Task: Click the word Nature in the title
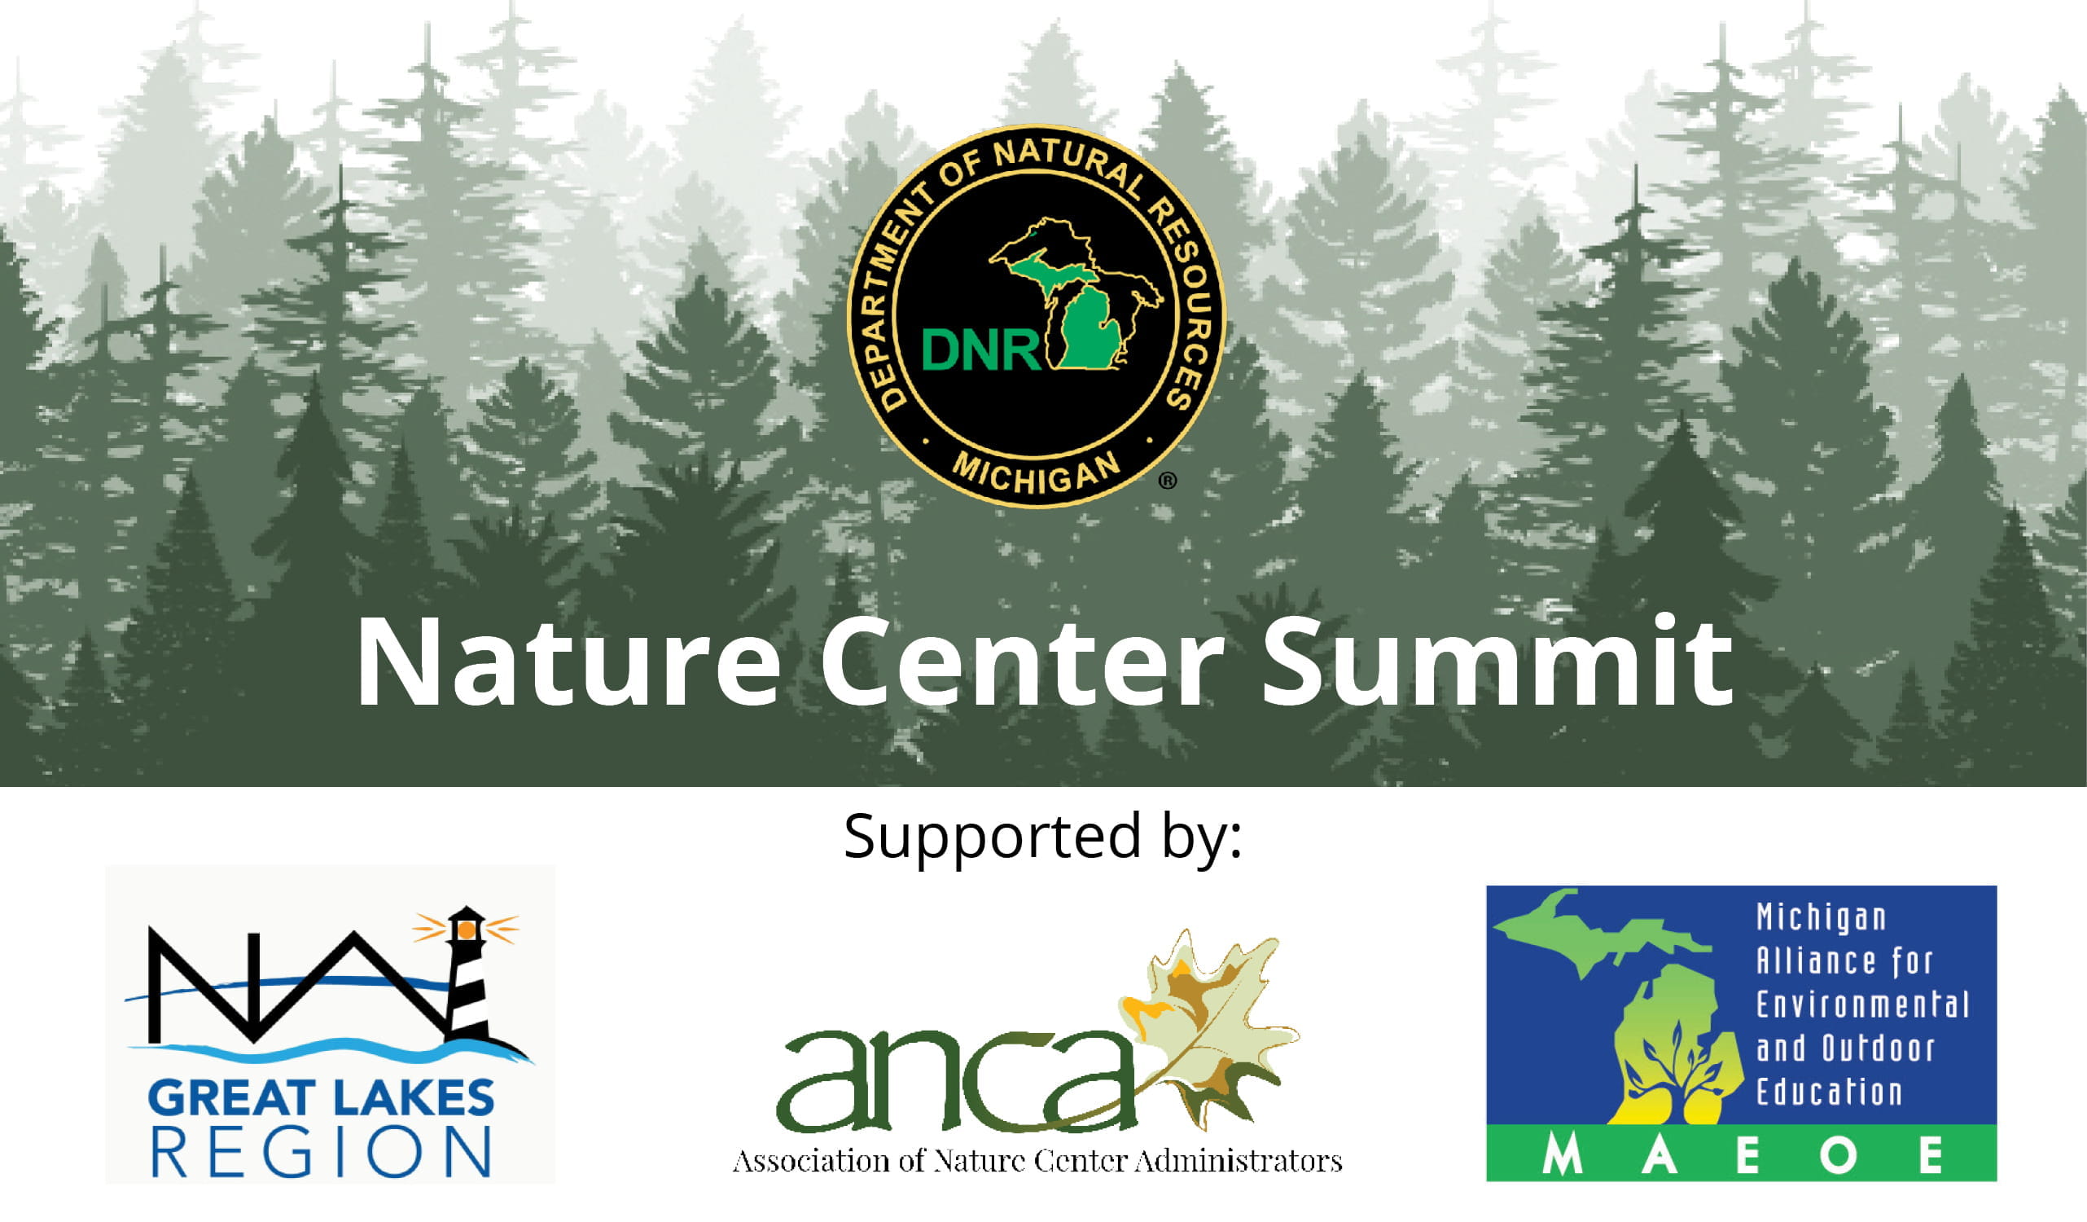coord(568,662)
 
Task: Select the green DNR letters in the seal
coord(981,349)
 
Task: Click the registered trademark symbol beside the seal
coord(1168,481)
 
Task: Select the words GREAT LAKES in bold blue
coord(322,1098)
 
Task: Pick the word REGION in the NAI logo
coord(322,1152)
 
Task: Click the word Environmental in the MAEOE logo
coord(1862,1005)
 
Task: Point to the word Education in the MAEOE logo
coord(1830,1092)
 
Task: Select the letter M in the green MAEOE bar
coord(1562,1156)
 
